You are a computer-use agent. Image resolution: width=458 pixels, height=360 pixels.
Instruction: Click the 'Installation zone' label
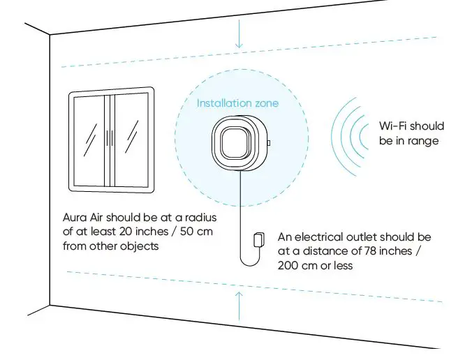237,103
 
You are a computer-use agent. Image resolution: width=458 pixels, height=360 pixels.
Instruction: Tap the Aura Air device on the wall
237,143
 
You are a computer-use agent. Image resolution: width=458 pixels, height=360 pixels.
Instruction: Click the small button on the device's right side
269,143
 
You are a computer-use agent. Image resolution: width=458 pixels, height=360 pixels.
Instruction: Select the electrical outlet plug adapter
258,239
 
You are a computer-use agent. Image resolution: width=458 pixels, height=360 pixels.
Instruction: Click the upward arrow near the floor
239,303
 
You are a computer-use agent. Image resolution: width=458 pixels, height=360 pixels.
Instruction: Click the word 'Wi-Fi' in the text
392,126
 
